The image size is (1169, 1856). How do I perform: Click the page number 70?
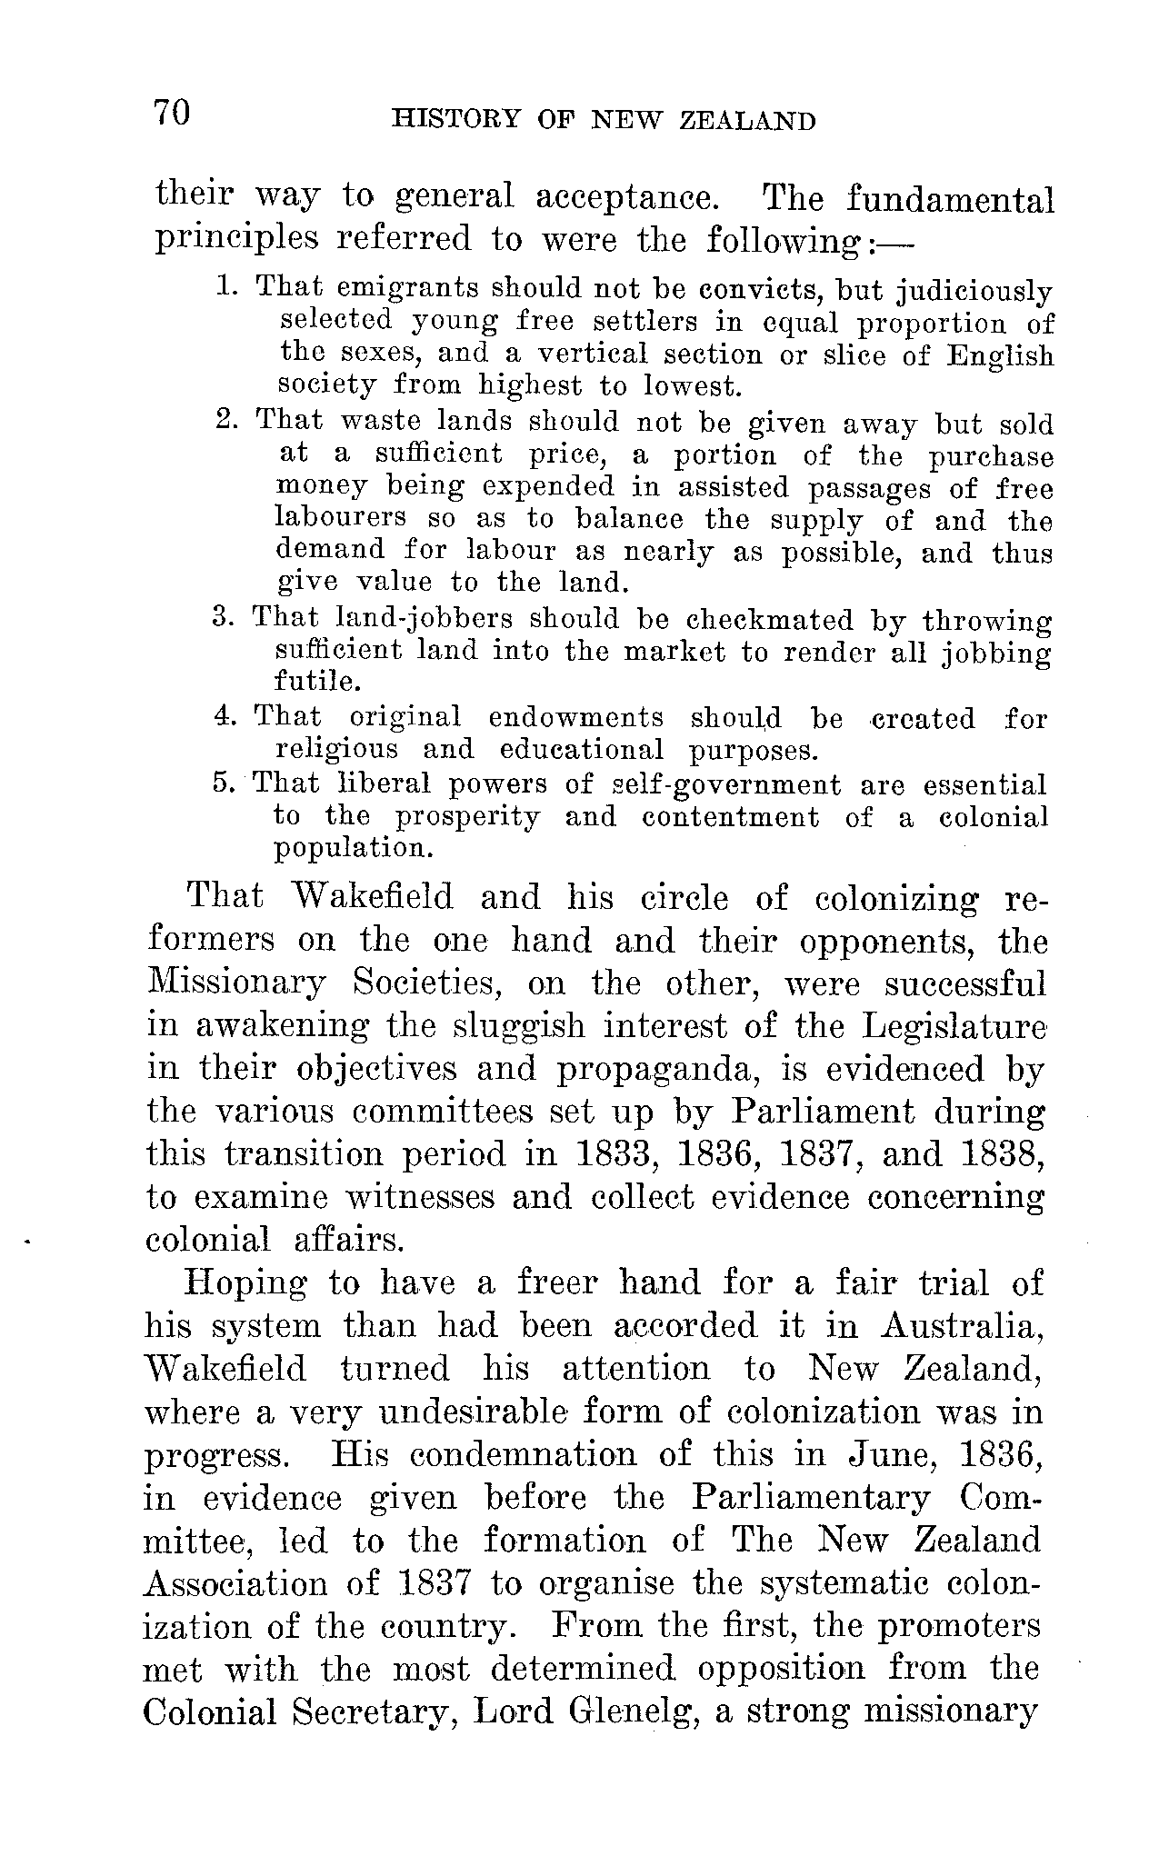(172, 114)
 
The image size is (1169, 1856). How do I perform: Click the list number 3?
(223, 618)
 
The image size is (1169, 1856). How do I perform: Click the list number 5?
(224, 783)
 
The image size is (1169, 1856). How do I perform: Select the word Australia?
(960, 1326)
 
